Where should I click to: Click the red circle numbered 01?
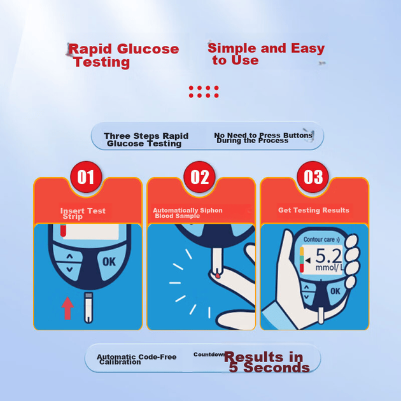86,177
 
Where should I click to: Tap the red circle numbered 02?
199,177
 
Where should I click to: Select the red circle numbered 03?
313,177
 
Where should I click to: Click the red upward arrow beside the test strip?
67,308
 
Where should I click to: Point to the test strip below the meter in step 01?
88,307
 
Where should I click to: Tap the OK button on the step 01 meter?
109,262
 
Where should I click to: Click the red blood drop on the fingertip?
218,276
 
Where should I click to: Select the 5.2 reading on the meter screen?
328,256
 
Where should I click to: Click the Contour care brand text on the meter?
321,239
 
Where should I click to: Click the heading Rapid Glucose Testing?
123,55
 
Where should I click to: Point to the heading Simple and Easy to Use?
266,54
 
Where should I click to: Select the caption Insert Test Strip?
83,213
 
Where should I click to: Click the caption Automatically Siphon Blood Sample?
188,213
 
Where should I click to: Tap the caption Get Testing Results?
314,210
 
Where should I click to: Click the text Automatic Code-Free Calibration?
137,360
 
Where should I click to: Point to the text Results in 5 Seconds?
267,362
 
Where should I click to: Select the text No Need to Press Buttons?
263,135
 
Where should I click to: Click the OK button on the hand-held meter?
335,292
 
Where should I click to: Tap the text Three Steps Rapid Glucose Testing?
146,139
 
